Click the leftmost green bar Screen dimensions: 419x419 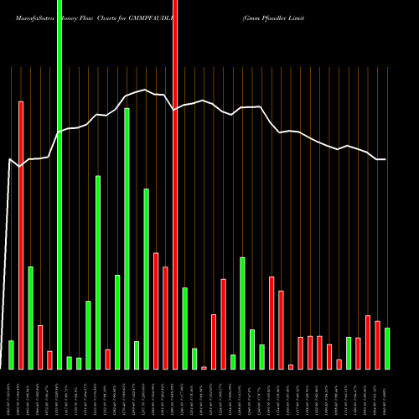click(x=11, y=354)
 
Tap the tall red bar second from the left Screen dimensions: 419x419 click(x=21, y=235)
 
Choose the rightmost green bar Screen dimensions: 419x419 click(x=387, y=348)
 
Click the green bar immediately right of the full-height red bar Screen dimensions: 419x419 click(x=184, y=328)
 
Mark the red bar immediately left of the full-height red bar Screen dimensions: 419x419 click(x=165, y=318)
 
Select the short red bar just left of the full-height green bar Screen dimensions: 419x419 click(x=49, y=360)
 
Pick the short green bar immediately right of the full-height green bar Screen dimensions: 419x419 click(x=70, y=362)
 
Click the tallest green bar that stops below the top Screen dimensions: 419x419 click(x=127, y=238)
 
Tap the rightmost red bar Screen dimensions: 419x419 click(x=377, y=344)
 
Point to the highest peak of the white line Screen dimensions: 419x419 click(x=146, y=90)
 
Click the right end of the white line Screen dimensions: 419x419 click(x=385, y=159)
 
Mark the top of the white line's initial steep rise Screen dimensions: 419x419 click(x=10, y=159)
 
